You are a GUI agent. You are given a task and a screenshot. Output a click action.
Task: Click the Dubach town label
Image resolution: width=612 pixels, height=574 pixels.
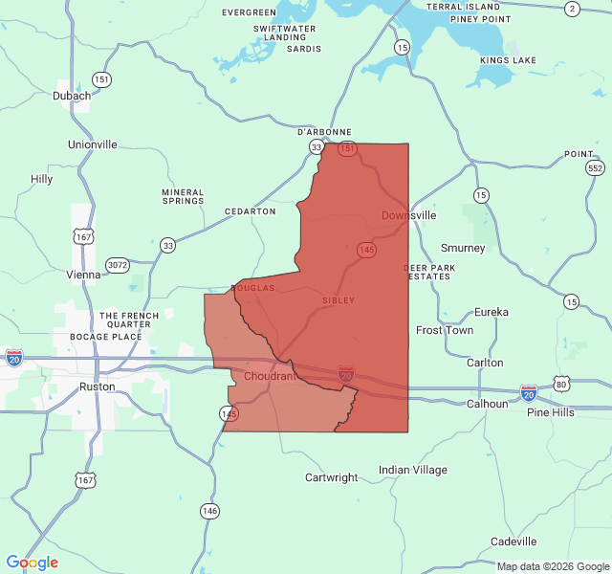point(73,96)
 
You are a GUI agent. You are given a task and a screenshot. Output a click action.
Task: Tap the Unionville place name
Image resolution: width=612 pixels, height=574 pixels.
point(93,144)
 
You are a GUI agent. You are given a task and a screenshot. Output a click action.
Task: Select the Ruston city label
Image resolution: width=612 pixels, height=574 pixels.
point(97,386)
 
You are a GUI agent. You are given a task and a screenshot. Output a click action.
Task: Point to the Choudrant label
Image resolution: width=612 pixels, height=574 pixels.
point(270,376)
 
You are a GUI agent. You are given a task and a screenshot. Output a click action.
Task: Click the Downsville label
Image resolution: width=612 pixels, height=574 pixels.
point(409,215)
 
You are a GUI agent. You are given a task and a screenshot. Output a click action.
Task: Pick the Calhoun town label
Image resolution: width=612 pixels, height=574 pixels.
point(487,404)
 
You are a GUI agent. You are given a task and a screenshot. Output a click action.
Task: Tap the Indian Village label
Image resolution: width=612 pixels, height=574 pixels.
point(413,470)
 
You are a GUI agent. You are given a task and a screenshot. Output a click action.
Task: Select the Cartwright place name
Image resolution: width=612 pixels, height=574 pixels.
point(331,477)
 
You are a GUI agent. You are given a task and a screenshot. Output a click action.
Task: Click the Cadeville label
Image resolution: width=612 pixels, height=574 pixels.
point(514,541)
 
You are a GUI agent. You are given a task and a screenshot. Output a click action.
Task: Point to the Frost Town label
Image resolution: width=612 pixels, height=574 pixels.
point(445,330)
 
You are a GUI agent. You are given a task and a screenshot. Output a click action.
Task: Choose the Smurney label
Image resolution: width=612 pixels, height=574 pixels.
point(463,248)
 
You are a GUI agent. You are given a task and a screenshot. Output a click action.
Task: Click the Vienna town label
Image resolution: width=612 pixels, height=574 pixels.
point(83,275)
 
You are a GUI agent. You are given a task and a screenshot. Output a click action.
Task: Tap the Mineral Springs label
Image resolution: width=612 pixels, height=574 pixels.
point(183,196)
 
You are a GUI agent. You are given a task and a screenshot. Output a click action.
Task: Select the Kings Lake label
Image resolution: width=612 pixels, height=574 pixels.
point(509,60)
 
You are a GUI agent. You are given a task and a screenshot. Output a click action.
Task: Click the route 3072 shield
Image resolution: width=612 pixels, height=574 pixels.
point(118,265)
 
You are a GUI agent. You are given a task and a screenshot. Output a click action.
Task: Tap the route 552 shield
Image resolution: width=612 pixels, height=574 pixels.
point(596,168)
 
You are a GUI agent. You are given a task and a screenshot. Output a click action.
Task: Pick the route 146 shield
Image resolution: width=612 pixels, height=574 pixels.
point(209,511)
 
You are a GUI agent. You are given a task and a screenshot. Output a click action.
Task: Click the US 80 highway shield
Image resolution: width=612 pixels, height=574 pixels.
point(561,384)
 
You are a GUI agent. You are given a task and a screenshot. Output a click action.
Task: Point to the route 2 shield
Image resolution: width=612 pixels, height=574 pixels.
point(572,9)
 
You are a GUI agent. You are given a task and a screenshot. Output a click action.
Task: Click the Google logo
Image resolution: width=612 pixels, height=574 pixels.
point(33,563)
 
